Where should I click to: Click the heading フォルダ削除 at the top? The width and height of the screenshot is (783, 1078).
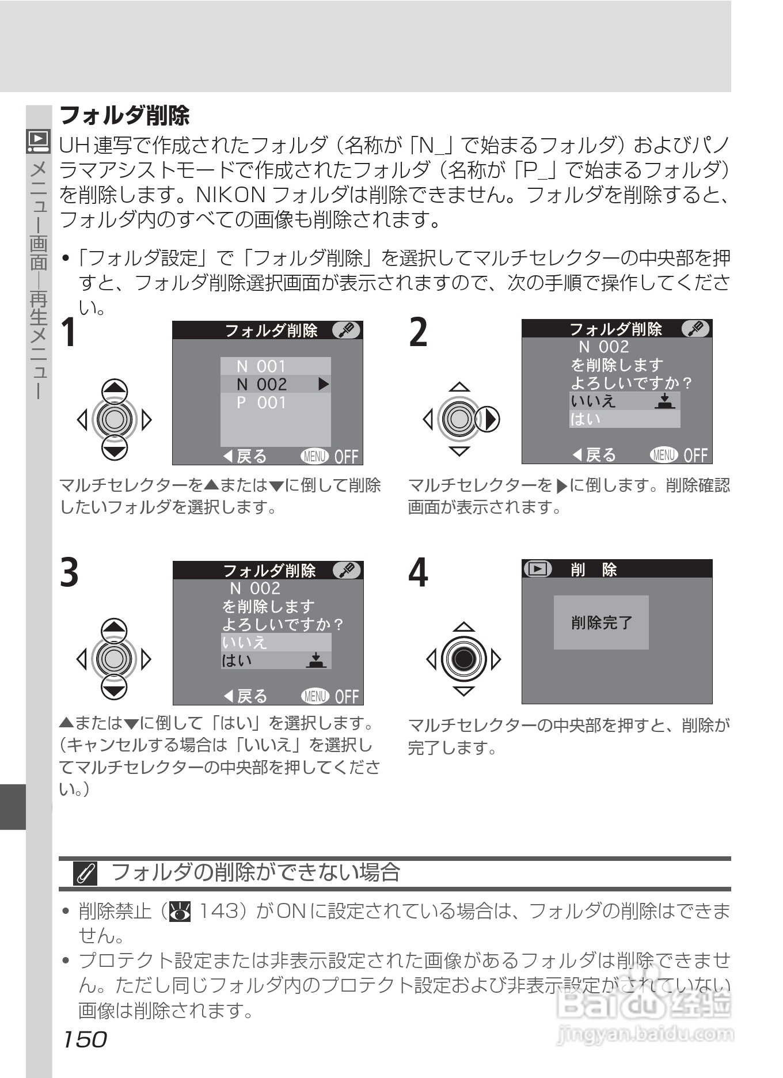point(124,116)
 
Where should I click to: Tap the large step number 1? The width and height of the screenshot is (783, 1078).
point(69,333)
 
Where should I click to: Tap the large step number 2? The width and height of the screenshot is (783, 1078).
point(419,332)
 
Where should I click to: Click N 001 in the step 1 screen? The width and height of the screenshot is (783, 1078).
point(261,366)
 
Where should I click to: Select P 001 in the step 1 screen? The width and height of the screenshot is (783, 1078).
point(261,403)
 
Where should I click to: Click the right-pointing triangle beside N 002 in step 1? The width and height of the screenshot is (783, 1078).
point(324,384)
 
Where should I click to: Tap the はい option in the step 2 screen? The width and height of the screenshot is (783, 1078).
point(586,419)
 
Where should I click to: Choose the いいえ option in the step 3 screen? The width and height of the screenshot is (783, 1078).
point(245,642)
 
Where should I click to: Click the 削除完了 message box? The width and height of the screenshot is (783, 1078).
point(601,622)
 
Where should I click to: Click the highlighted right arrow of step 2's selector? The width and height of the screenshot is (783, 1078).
point(490,419)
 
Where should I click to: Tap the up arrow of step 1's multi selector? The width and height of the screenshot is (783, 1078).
point(115,390)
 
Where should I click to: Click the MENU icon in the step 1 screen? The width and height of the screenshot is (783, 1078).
point(314,457)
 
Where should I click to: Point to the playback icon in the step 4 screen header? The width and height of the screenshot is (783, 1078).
point(537,569)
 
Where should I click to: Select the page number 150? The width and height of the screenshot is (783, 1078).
point(84,1039)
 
